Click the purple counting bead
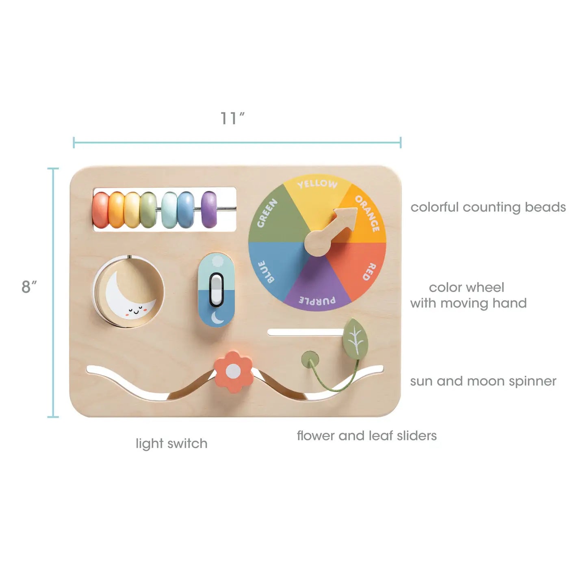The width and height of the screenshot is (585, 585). [x=209, y=209]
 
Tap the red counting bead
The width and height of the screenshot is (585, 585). [x=101, y=210]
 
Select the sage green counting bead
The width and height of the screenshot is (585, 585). [x=148, y=210]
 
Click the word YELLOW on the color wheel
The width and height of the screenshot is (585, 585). [x=317, y=184]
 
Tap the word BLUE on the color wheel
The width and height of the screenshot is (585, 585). [x=266, y=272]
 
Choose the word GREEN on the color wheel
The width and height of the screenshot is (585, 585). [x=267, y=213]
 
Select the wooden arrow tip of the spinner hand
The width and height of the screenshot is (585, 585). [x=357, y=208]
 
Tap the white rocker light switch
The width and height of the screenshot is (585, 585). [x=217, y=289]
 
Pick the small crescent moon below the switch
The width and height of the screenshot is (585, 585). [x=217, y=318]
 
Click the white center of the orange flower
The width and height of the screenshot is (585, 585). [x=233, y=372]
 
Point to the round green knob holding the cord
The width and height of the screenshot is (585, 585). [x=310, y=360]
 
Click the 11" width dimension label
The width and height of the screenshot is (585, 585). [x=232, y=118]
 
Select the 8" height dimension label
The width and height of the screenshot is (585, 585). [x=29, y=286]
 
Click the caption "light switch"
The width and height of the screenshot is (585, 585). [x=171, y=444]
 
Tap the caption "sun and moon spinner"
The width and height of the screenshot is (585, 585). [x=483, y=381]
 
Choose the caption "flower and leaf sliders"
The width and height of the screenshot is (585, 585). [x=367, y=435]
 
